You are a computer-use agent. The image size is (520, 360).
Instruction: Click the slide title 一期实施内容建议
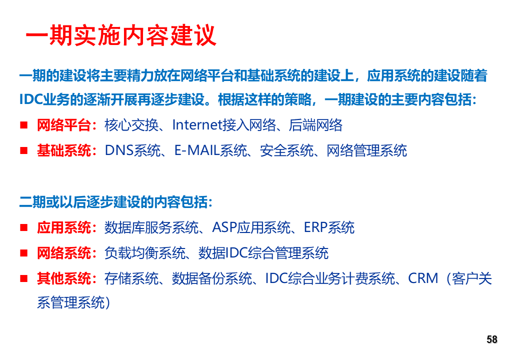tap(121, 35)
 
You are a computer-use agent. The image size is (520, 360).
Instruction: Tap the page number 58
tap(492, 339)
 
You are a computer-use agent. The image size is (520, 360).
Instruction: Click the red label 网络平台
tap(64, 125)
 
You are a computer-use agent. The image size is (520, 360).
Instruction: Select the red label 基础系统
tap(64, 150)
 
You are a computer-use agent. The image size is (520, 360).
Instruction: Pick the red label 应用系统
tap(64, 227)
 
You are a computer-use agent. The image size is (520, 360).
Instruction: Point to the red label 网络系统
tap(64, 253)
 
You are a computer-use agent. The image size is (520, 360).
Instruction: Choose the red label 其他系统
tap(64, 278)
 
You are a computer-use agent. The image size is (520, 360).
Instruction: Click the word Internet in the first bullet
tap(197, 125)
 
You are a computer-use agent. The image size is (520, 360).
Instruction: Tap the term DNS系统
tap(133, 151)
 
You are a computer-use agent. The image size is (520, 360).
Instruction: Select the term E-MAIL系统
tap(210, 151)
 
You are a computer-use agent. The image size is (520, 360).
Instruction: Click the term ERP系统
tap(329, 227)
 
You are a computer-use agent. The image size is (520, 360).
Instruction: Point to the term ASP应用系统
tap(251, 227)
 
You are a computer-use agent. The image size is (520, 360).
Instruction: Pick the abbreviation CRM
tap(423, 278)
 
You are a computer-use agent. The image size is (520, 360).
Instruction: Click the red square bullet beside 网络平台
tap(23, 125)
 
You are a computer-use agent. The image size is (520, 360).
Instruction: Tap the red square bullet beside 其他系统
tap(23, 278)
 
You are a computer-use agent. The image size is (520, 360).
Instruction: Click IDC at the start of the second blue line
tap(31, 99)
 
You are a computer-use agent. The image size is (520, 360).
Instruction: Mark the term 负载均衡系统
tap(145, 253)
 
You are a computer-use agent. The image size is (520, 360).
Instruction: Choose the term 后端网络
tap(315, 125)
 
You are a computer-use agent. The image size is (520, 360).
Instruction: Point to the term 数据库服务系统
tap(151, 227)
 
